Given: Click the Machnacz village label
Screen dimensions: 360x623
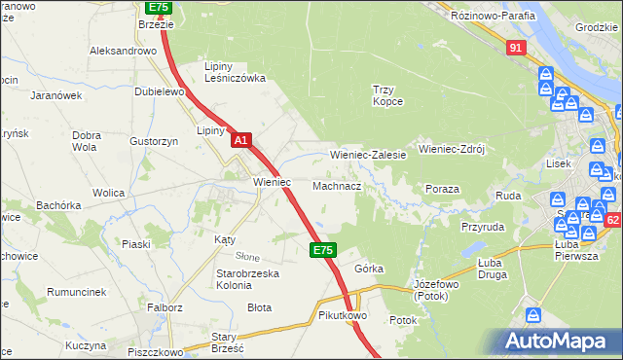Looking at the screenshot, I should point(338,185).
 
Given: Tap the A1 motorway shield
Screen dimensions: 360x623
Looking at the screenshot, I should point(241,141).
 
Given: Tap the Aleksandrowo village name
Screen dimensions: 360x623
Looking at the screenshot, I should point(123,50).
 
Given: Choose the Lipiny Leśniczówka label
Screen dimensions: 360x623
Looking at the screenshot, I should point(235,72).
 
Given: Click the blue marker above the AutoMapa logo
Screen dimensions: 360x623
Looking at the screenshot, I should point(533,315).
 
